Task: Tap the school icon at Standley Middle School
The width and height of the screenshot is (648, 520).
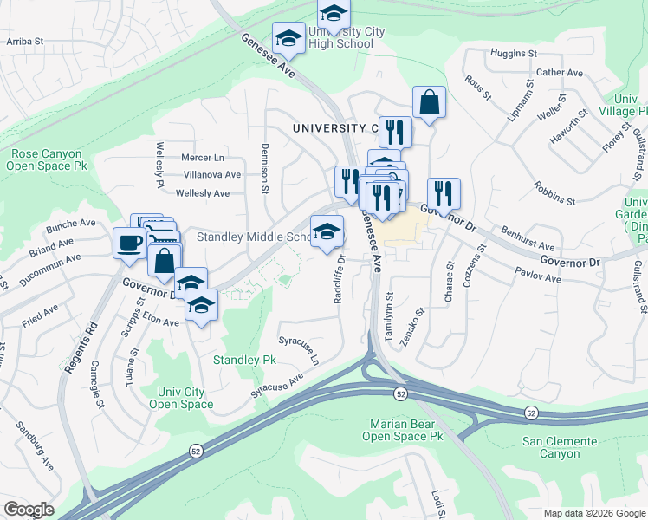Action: (x=326, y=231)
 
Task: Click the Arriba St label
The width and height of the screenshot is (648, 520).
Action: (x=24, y=41)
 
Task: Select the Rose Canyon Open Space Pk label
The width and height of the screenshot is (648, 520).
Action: (x=49, y=159)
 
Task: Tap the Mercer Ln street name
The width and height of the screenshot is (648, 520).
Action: (x=203, y=158)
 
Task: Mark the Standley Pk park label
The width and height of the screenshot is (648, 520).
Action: (x=244, y=359)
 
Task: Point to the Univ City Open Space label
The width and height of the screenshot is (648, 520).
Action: (x=180, y=398)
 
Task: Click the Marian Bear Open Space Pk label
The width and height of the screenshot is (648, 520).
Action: (x=405, y=430)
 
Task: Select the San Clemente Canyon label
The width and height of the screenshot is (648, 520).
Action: (x=560, y=447)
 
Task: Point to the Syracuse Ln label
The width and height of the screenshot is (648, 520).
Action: (x=299, y=348)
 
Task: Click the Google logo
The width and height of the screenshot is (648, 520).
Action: (x=28, y=510)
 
